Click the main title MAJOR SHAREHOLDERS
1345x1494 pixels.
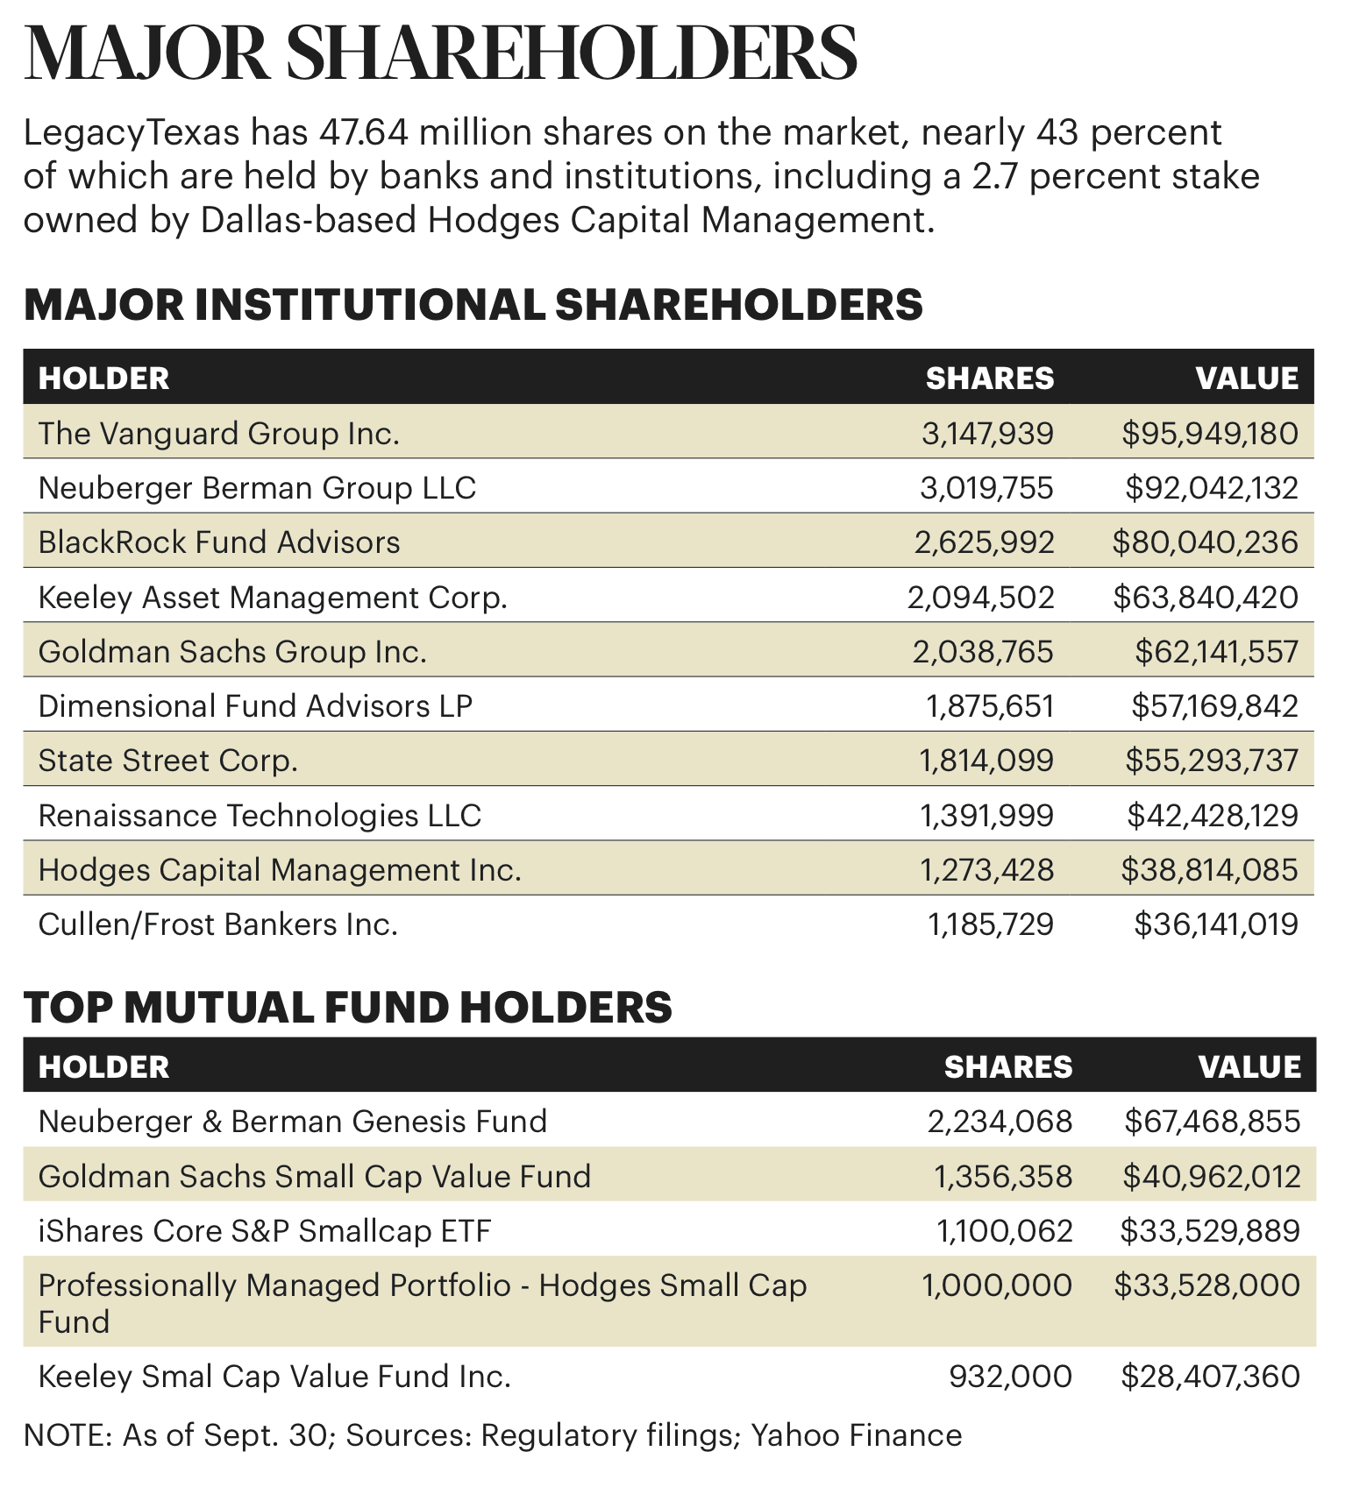pyautogui.click(x=440, y=54)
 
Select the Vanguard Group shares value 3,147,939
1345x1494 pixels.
pyautogui.click(x=987, y=433)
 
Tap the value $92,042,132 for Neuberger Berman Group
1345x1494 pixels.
pyautogui.click(x=1212, y=487)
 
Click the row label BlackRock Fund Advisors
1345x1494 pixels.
pyautogui.click(x=219, y=542)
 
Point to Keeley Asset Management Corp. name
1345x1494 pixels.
pyautogui.click(x=273, y=598)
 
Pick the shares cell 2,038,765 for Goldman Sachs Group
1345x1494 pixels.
pyautogui.click(x=983, y=652)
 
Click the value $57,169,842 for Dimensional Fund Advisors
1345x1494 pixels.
pyautogui.click(x=1214, y=706)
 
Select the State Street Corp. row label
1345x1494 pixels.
pyautogui.click(x=168, y=761)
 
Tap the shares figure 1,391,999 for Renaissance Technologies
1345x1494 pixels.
pyautogui.click(x=986, y=816)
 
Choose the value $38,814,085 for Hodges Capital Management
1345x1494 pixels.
pyautogui.click(x=1209, y=870)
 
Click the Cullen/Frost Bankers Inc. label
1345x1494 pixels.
pyautogui.click(x=218, y=924)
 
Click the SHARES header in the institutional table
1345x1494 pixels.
pyautogui.click(x=990, y=378)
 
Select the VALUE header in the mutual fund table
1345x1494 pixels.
pyautogui.click(x=1249, y=1066)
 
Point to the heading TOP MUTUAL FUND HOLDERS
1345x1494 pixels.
pyautogui.click(x=347, y=1008)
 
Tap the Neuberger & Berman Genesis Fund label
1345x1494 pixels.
pyautogui.click(x=293, y=1122)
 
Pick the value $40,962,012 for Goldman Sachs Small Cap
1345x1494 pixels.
pyautogui.click(x=1212, y=1176)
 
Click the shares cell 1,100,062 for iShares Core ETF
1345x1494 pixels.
pyautogui.click(x=1005, y=1231)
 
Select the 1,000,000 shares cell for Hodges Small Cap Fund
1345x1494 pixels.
pyautogui.click(x=997, y=1285)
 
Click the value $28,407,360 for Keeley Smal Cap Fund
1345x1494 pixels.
pyautogui.click(x=1210, y=1377)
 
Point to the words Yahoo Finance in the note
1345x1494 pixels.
pyautogui.click(x=857, y=1436)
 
